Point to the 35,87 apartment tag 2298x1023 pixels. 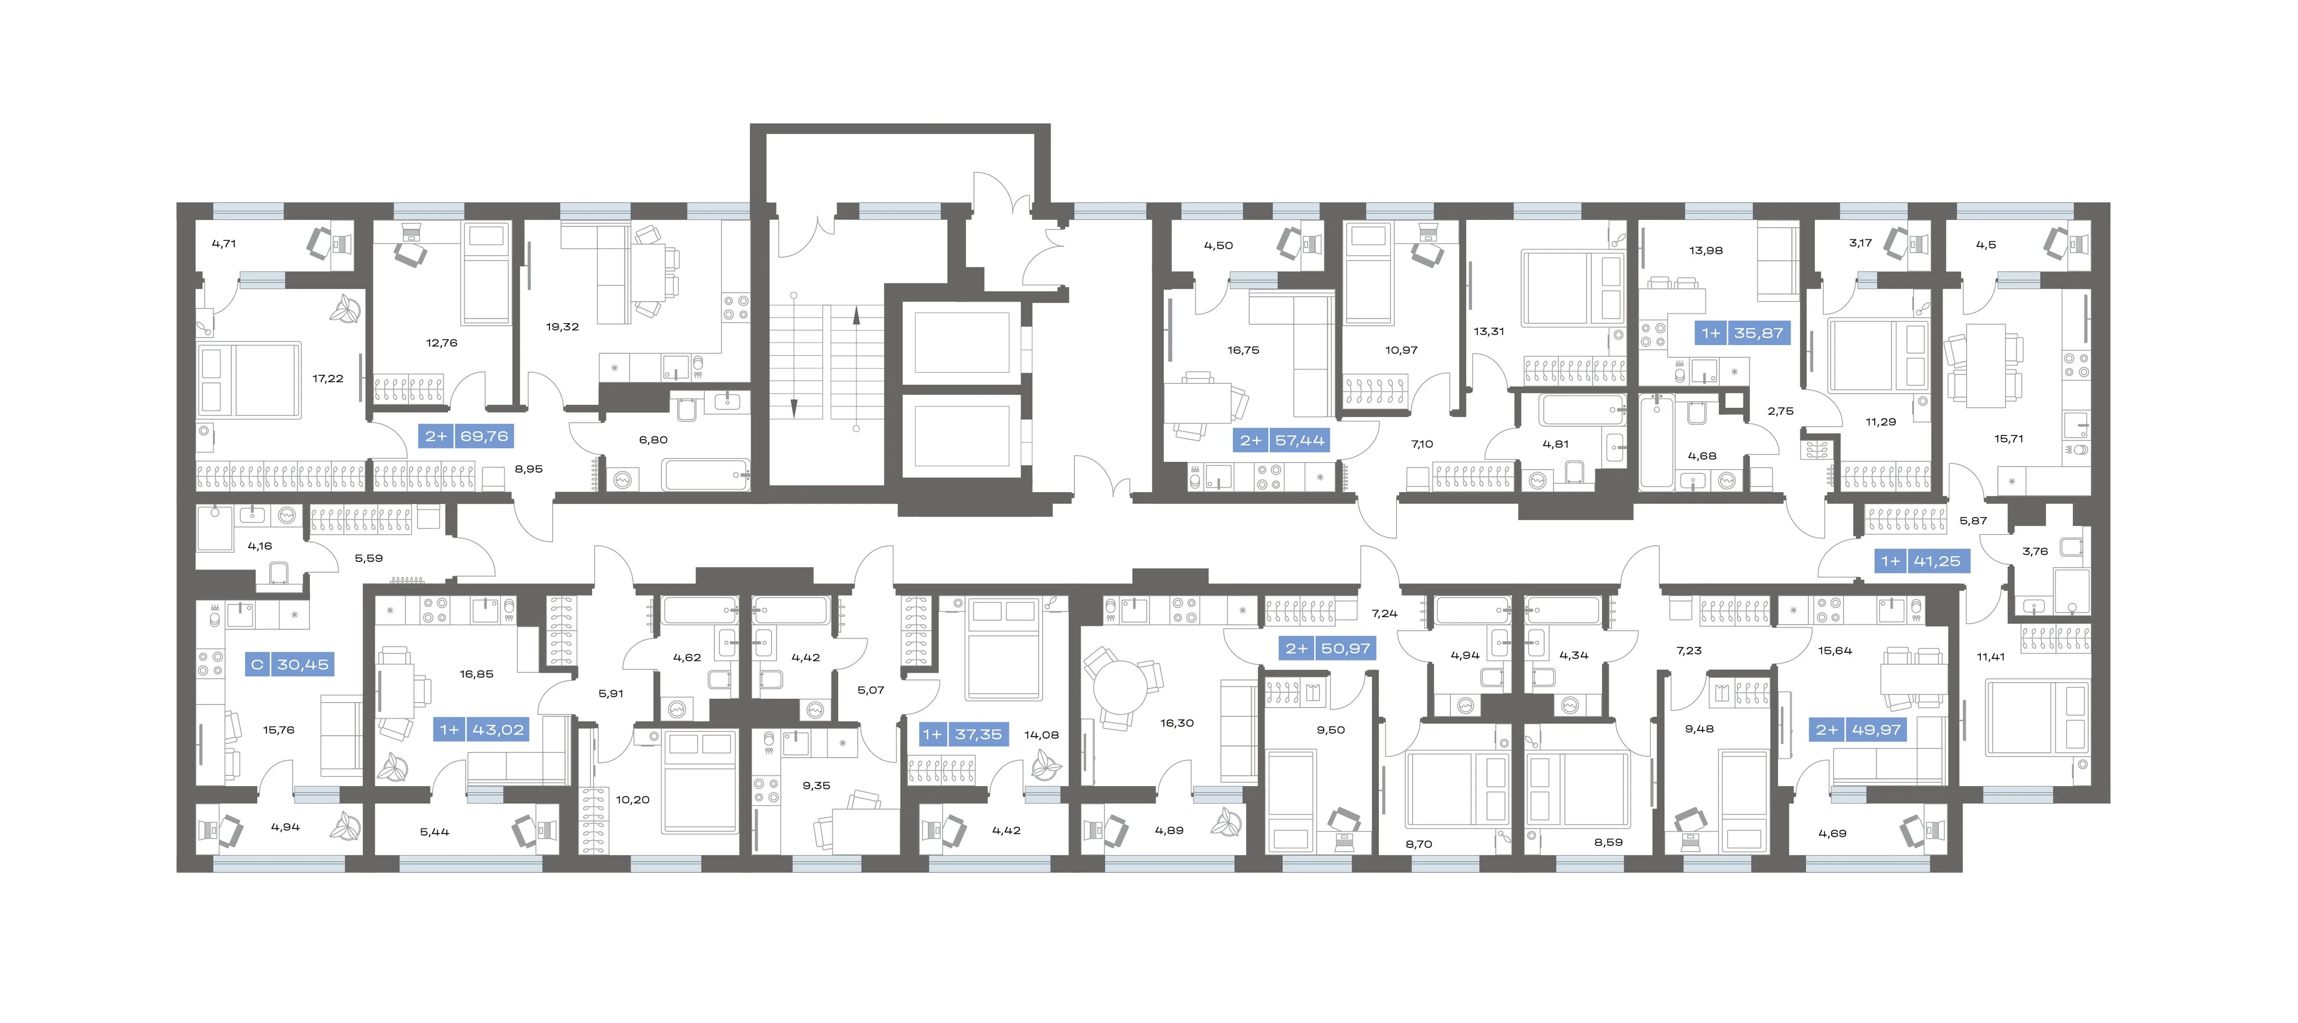coord(1741,333)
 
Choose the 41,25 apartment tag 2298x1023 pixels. coord(1921,561)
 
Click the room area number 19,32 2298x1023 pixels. coord(562,326)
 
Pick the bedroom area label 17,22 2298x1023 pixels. coord(327,378)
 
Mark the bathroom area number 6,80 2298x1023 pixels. coord(653,440)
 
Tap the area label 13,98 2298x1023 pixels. coord(1706,251)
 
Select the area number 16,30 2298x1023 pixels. coord(1177,723)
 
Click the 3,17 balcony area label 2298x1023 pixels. coord(1860,242)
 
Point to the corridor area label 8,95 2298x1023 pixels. coord(528,469)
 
